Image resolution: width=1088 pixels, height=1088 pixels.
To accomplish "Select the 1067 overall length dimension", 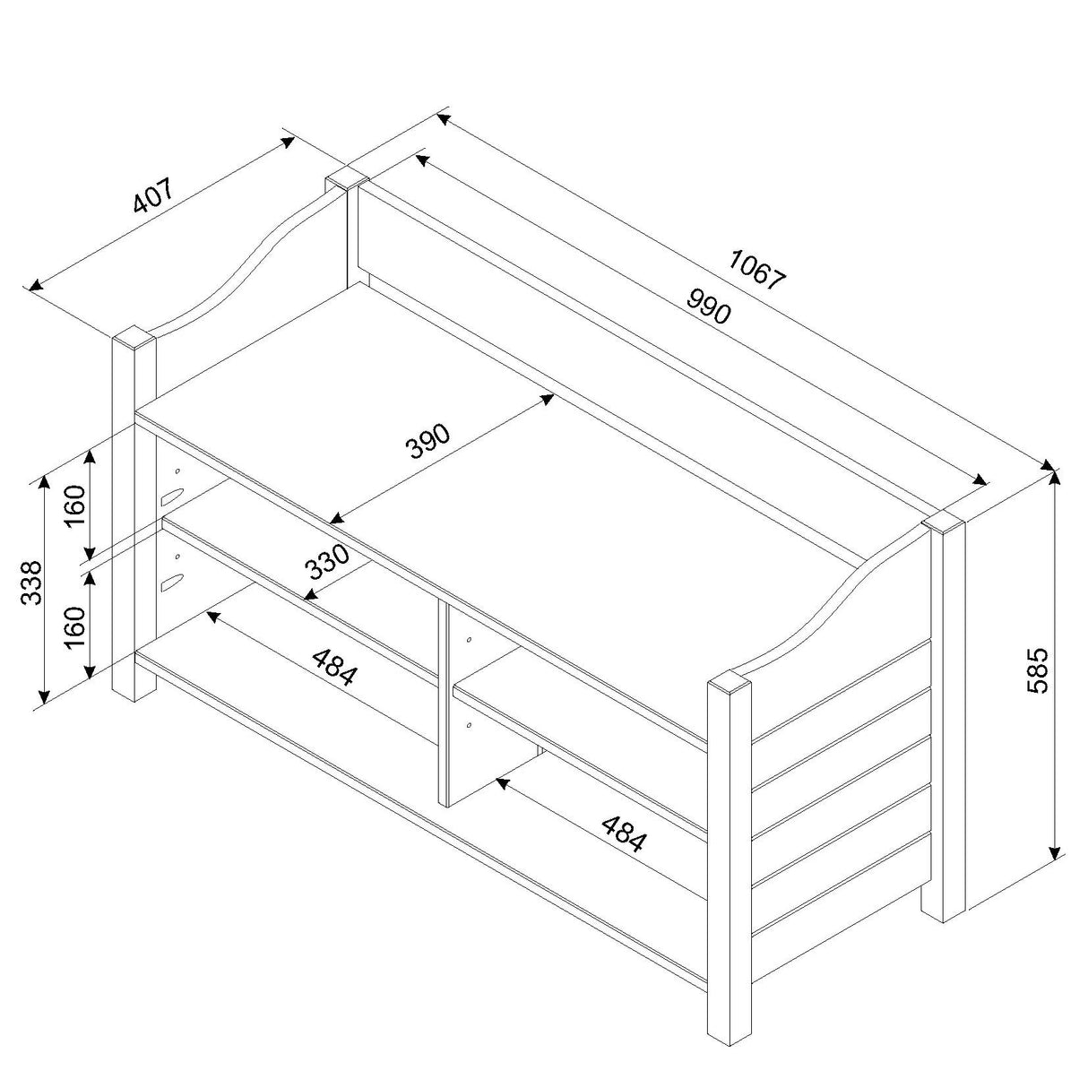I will pos(757,268).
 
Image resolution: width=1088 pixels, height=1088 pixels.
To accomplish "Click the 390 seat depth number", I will pos(429,440).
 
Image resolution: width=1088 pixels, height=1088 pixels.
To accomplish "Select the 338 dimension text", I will pos(31,583).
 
